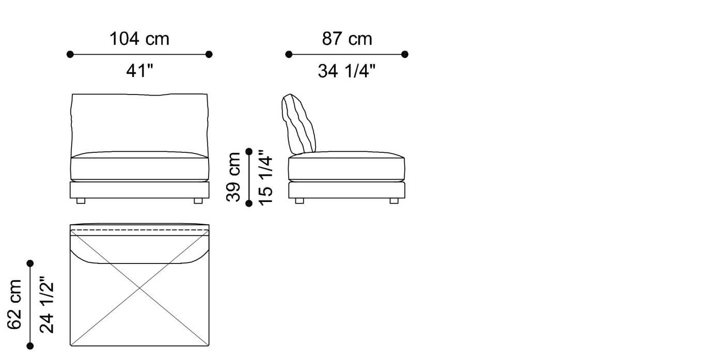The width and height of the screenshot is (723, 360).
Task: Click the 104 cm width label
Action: click(x=139, y=39)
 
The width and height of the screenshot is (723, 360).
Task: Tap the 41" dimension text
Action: click(x=139, y=71)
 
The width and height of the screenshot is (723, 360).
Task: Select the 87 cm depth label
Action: click(x=347, y=39)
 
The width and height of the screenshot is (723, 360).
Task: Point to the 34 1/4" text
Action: click(x=347, y=71)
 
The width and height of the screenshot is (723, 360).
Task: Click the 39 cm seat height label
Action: click(x=234, y=177)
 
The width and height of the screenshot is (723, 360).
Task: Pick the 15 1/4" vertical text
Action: click(x=265, y=177)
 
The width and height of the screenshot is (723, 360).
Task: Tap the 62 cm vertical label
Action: click(x=14, y=304)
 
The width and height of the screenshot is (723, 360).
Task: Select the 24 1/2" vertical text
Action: click(x=46, y=304)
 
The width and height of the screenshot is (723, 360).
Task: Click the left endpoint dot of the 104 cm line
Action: click(x=70, y=54)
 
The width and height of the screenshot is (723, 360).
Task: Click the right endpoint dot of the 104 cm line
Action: click(x=209, y=54)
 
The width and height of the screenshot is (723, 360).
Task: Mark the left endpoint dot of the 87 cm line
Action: click(x=289, y=54)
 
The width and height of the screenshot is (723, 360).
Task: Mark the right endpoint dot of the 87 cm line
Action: click(x=404, y=54)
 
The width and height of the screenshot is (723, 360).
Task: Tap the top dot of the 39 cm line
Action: click(x=249, y=151)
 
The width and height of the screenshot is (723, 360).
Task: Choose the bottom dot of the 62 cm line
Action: click(x=30, y=346)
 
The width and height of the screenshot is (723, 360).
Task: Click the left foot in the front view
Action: click(x=81, y=201)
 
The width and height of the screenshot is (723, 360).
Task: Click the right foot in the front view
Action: click(x=198, y=201)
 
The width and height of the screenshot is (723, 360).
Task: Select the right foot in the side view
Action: click(x=394, y=201)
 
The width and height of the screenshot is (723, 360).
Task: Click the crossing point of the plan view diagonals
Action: click(x=139, y=288)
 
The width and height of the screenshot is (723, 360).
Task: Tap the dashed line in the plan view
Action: click(x=139, y=229)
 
